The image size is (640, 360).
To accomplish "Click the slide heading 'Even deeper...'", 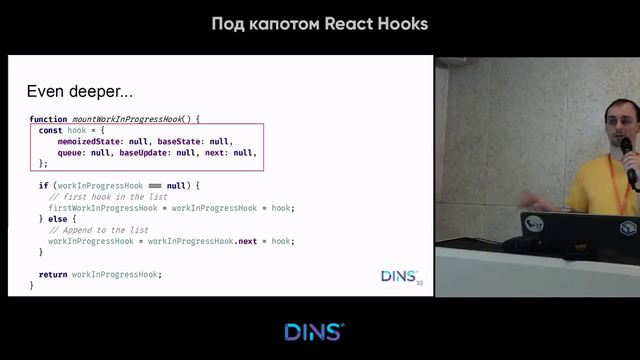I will coord(79,92).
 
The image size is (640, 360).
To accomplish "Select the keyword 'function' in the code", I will coord(49,119).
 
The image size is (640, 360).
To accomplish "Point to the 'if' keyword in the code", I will coord(43,185).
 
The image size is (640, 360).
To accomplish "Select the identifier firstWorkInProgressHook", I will coord(101,207).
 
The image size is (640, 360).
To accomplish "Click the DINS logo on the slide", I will coord(398,276).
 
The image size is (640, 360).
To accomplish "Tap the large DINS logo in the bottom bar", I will coord(314,332).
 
